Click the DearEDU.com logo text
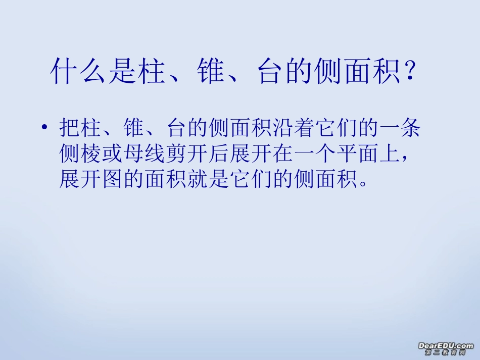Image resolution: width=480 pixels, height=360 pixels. (x=446, y=345)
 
